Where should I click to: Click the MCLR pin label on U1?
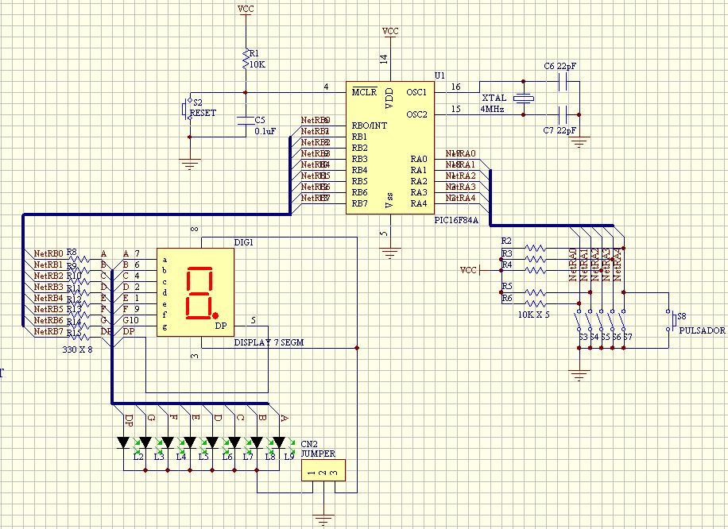point(366,92)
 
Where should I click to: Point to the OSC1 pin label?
point(417,92)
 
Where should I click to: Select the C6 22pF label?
point(560,67)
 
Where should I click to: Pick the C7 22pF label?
point(560,129)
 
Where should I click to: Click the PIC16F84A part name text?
point(456,220)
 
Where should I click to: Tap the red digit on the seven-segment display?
point(197,292)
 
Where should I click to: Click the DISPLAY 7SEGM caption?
point(269,343)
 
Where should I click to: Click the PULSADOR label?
point(703,330)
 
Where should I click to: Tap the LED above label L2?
point(123,442)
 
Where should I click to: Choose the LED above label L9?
point(279,442)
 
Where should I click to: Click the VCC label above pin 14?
point(390,31)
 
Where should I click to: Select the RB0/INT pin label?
point(370,125)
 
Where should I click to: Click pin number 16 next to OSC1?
point(455,87)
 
